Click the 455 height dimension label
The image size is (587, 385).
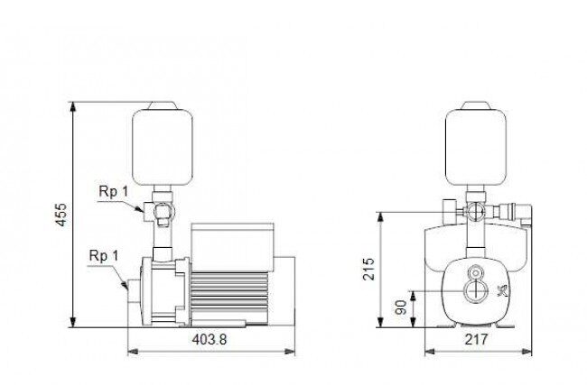(61, 215)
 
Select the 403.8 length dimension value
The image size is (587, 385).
(210, 340)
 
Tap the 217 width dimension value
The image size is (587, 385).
(476, 339)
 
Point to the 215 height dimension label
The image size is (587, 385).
(368, 269)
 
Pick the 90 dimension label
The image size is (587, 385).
(401, 307)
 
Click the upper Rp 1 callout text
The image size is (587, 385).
(114, 192)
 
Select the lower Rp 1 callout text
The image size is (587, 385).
(104, 256)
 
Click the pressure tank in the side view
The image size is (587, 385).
(163, 147)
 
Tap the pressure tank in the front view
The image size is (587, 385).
(476, 147)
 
